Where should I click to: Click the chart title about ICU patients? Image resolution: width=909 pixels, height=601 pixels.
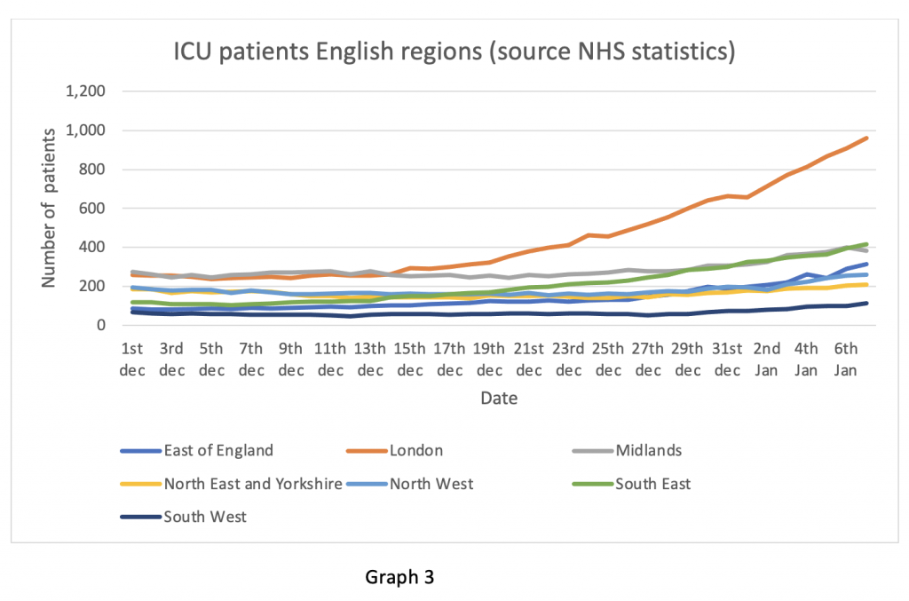pos(454,51)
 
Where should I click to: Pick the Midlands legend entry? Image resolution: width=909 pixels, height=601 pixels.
pos(649,450)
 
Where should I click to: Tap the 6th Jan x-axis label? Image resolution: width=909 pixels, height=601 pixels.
pos(846,360)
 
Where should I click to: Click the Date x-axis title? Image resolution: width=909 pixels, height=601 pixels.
pos(499,399)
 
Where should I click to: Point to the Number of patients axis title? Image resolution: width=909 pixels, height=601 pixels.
pos(51,207)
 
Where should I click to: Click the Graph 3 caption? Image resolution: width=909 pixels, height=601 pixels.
pos(400,577)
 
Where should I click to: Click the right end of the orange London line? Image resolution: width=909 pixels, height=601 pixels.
pos(866,138)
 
